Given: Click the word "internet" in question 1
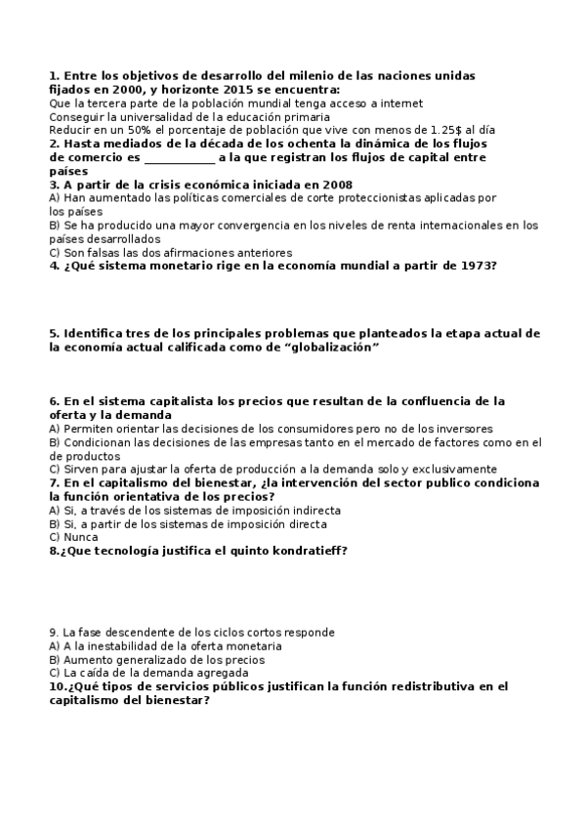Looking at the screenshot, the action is click(401, 103).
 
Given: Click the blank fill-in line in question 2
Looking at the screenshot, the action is click(179, 156).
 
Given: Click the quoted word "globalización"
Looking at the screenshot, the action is click(328, 347).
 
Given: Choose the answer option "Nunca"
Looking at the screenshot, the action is click(80, 536).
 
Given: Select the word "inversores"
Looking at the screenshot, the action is click(464, 428).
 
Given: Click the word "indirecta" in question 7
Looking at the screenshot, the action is click(311, 510).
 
